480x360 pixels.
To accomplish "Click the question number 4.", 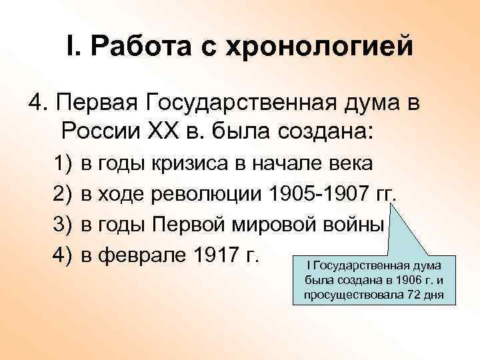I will click(34, 103).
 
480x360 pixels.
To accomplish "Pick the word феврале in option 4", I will click(136, 254).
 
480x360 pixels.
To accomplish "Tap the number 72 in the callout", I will click(410, 295).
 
